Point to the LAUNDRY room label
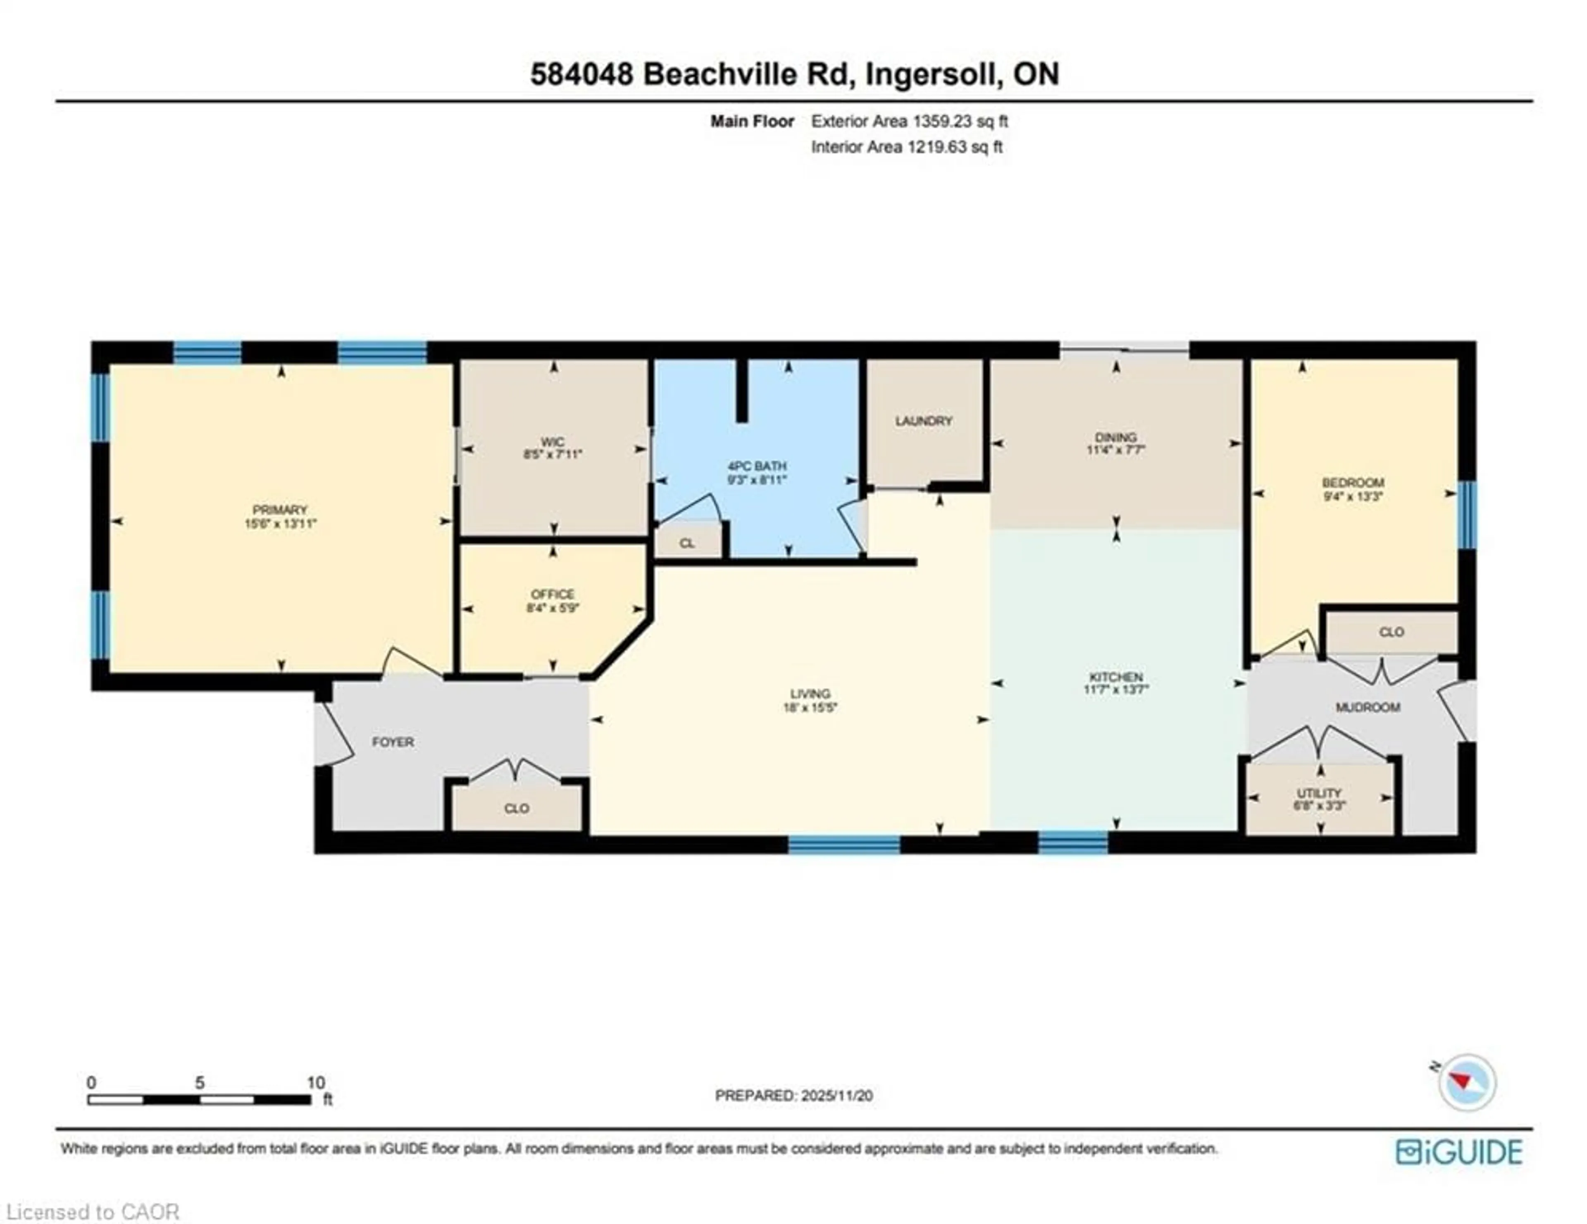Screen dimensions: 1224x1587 tap(924, 421)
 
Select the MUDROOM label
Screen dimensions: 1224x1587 tap(1368, 707)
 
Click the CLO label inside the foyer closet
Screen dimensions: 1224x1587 tap(517, 808)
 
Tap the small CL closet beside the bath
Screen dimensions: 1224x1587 tap(687, 543)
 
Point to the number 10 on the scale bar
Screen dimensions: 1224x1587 tap(315, 1082)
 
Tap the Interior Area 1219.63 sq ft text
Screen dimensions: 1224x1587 tap(906, 147)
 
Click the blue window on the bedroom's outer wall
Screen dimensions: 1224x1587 tap(1467, 515)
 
